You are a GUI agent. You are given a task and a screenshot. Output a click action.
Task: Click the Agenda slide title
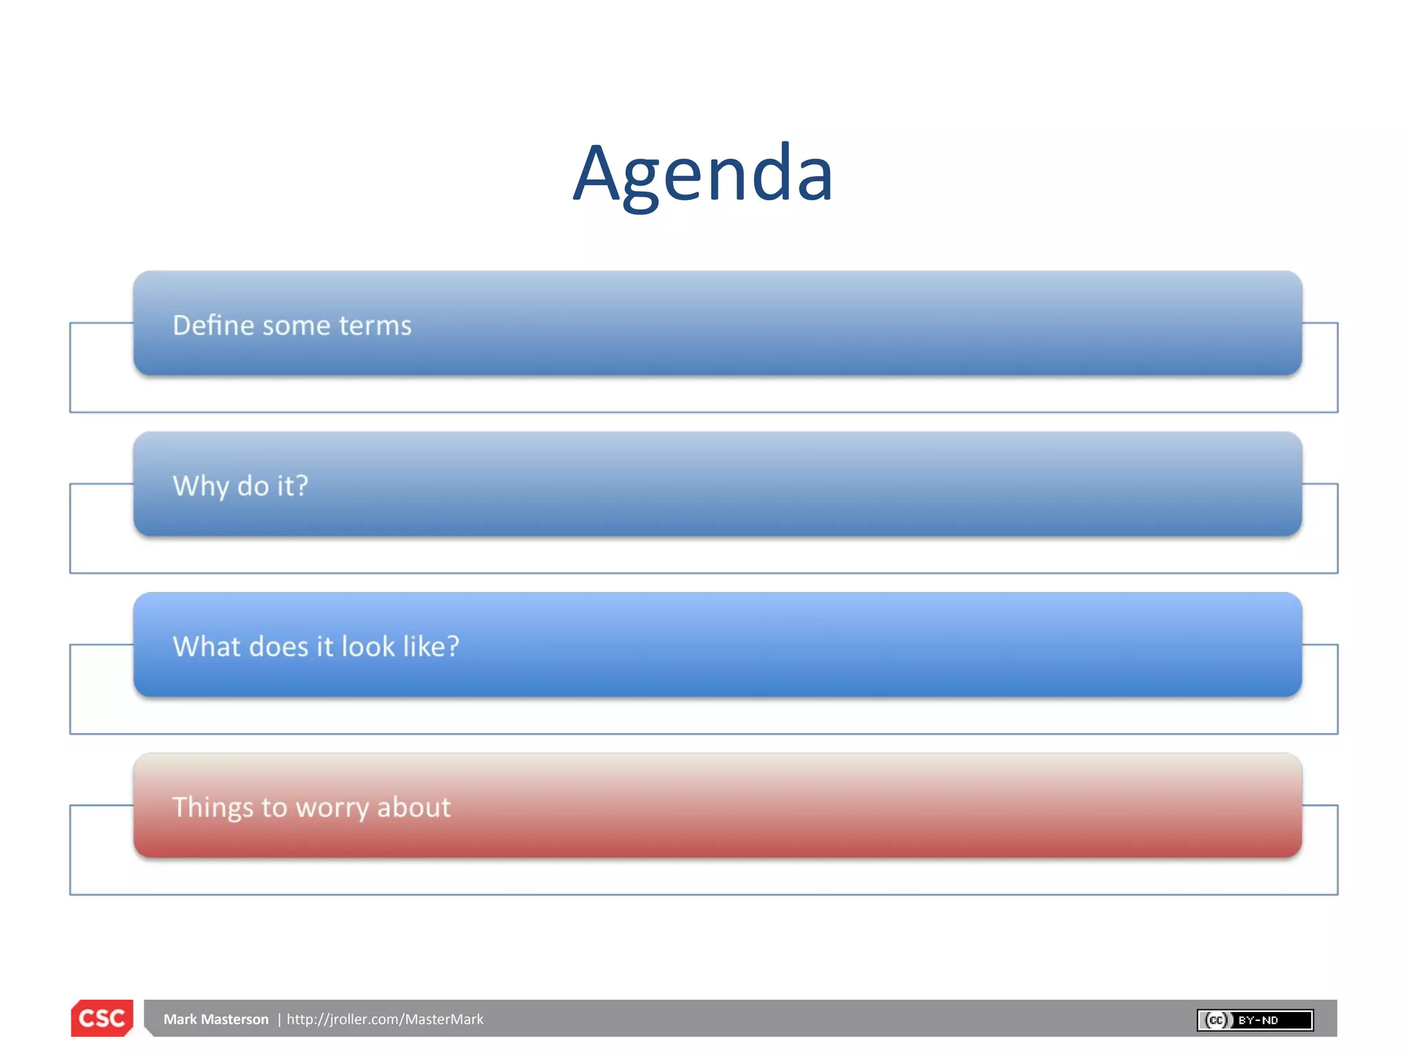(x=703, y=173)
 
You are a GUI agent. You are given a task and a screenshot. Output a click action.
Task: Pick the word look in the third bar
(x=368, y=646)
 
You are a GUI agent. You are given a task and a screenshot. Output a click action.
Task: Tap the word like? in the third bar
(x=431, y=646)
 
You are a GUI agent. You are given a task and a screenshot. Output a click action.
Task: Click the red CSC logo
(x=102, y=1018)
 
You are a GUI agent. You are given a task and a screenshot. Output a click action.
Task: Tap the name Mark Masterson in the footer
(x=216, y=1020)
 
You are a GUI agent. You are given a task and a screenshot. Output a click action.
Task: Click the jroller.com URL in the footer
(x=385, y=1020)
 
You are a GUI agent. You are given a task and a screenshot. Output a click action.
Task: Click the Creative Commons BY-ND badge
(x=1255, y=1020)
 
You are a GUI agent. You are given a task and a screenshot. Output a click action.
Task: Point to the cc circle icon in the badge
(x=1216, y=1020)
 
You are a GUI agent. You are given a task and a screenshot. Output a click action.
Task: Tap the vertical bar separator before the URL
(x=279, y=1020)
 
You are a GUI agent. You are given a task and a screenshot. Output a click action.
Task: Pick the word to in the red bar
(x=274, y=808)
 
